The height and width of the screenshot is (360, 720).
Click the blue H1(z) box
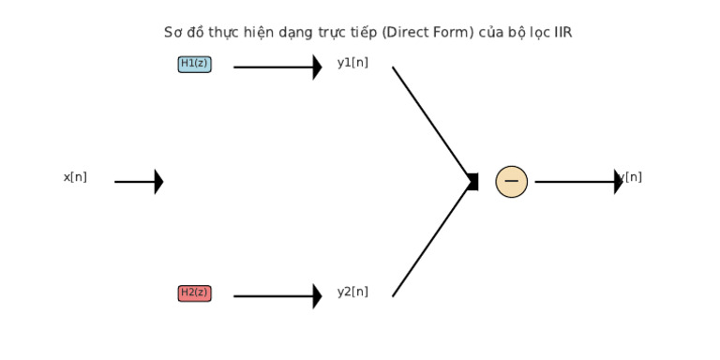pyautogui.click(x=194, y=64)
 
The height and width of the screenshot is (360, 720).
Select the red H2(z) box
pyautogui.click(x=194, y=292)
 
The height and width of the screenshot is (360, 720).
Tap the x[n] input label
pyautogui.click(x=75, y=177)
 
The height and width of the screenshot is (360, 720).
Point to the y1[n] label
pyautogui.click(x=352, y=63)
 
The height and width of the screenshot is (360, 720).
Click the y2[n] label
pyautogui.click(x=352, y=292)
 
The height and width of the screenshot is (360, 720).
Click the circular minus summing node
pyautogui.click(x=511, y=181)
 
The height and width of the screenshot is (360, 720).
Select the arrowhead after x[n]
pyautogui.click(x=158, y=181)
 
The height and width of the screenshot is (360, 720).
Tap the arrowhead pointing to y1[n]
pyautogui.click(x=317, y=67)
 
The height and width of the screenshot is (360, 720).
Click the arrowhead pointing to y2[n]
pyautogui.click(x=317, y=295)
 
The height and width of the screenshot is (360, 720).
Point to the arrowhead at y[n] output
pyautogui.click(x=618, y=181)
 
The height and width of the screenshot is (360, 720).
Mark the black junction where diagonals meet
pyautogui.click(x=472, y=181)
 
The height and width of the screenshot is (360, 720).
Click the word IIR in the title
pyautogui.click(x=562, y=33)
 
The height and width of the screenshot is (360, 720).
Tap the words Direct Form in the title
pyautogui.click(x=418, y=33)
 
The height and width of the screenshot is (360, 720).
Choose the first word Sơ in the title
pyautogui.click(x=172, y=33)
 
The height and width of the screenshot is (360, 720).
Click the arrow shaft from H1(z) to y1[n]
pyautogui.click(x=272, y=67)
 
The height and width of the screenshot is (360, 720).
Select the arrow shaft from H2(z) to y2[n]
pyautogui.click(x=272, y=295)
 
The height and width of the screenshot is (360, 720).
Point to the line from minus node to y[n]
pyautogui.click(x=572, y=181)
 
